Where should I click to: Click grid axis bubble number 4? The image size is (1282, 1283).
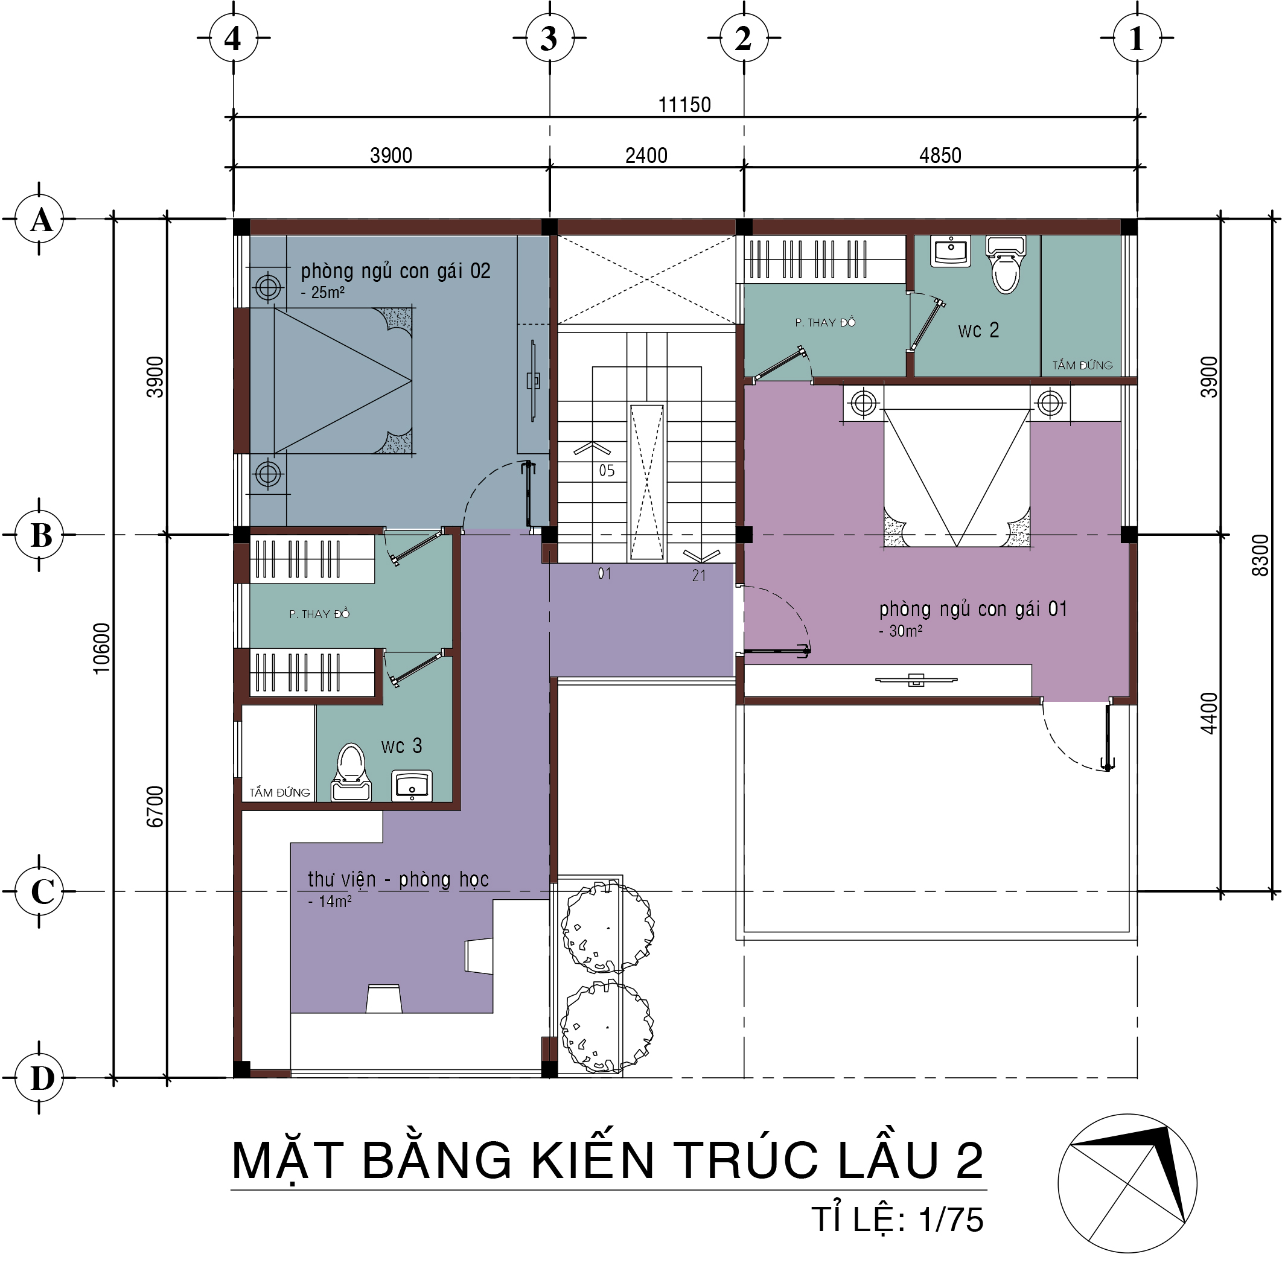coord(233,38)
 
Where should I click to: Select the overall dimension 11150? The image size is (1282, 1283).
coord(684,104)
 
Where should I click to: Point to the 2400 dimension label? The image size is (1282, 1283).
coord(646,155)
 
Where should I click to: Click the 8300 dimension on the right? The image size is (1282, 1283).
coord(1260,555)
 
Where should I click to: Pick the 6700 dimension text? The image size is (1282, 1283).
coord(154,806)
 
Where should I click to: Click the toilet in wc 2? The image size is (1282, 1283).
coord(1006,264)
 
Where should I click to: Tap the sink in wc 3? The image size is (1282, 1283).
coord(412,786)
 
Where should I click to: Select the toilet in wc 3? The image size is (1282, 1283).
coord(351,772)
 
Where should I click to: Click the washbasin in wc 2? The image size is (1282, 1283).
coord(951,251)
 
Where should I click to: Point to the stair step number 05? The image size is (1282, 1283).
coord(607,471)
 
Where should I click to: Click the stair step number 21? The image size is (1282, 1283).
coord(699,576)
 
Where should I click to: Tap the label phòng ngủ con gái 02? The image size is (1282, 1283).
coord(395,271)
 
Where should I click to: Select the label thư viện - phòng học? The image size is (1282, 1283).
coord(398,880)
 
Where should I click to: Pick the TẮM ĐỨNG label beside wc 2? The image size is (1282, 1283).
coord(1082,365)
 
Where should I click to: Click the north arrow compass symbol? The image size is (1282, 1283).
coord(1127,1183)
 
